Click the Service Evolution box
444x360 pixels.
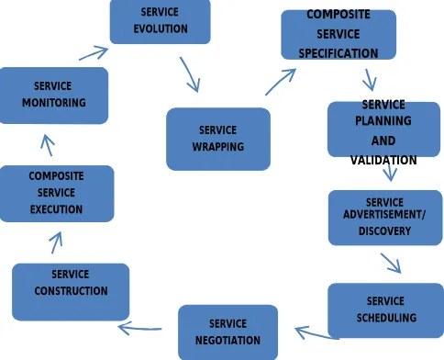click(161, 21)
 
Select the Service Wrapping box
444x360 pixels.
click(218, 139)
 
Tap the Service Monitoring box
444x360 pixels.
click(54, 96)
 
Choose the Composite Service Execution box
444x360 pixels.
click(57, 194)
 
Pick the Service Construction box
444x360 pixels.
click(71, 292)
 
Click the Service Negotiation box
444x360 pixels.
click(228, 332)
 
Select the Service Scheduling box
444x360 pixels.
click(385, 310)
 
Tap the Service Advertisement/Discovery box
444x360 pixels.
click(385, 218)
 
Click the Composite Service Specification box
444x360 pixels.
click(339, 35)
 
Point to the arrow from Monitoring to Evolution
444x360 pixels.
click(94, 53)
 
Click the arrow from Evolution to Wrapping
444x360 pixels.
click(190, 74)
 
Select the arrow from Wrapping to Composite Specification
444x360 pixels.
click(281, 82)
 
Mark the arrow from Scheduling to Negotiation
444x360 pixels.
click(317, 332)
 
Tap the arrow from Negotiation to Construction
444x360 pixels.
click(139, 329)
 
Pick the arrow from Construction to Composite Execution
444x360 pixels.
click(56, 242)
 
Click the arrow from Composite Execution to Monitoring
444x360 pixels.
click(48, 145)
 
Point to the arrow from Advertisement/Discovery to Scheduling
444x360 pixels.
click(391, 263)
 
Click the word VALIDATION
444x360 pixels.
click(383, 160)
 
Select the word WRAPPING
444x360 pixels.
click(218, 147)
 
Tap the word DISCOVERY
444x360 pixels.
click(384, 231)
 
